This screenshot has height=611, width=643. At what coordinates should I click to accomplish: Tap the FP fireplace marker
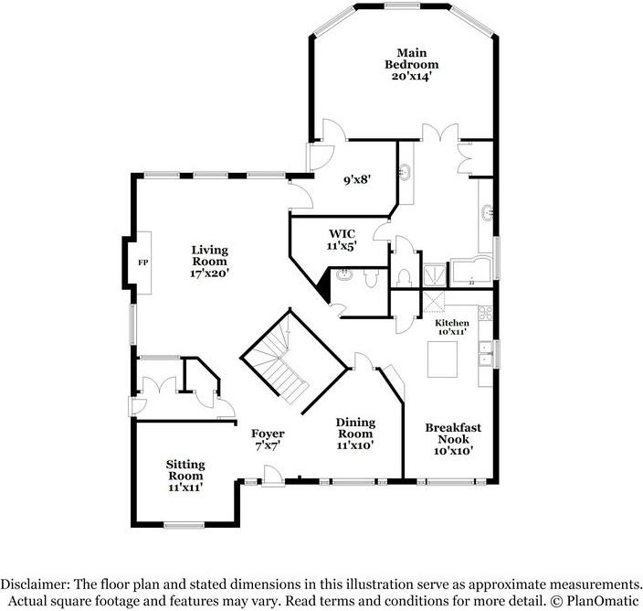pos(142,263)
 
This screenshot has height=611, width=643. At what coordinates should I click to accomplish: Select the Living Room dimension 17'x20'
pos(209,272)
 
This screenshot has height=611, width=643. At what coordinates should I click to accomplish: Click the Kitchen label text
pos(451,323)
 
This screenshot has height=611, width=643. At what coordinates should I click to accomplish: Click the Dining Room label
pos(356,427)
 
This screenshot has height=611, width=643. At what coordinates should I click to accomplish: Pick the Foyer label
pos(269,434)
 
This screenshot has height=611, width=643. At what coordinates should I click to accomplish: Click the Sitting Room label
pos(185,470)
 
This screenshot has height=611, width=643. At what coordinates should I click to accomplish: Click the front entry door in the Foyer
pos(271,475)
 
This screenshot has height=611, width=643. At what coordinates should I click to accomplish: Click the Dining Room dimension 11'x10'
pos(356,445)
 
